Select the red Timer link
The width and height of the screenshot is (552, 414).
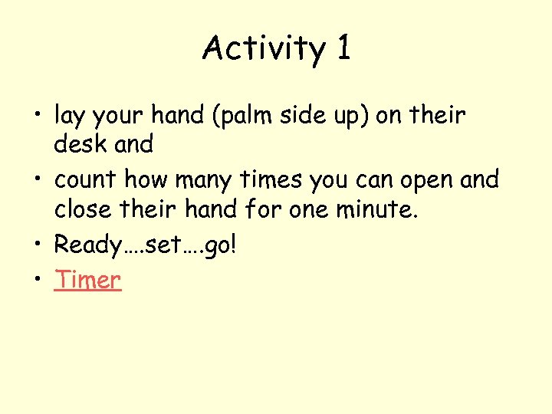(87, 280)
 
